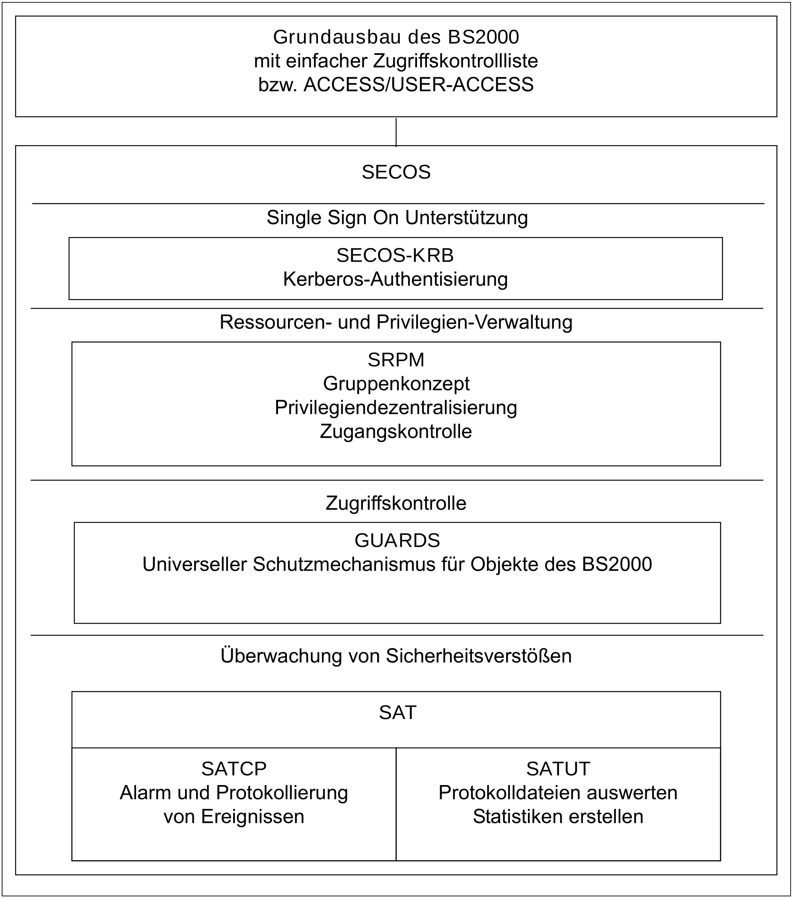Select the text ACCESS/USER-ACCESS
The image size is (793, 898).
pyautogui.click(x=419, y=85)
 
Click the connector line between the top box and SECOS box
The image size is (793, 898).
pyautogui.click(x=396, y=132)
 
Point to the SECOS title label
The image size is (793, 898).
pyautogui.click(x=396, y=172)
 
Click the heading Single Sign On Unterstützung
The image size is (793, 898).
pyautogui.click(x=397, y=218)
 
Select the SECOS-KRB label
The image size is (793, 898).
pyautogui.click(x=395, y=256)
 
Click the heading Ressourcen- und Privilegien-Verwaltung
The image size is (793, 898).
pyautogui.click(x=396, y=323)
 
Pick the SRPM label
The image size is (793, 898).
pyautogui.click(x=396, y=360)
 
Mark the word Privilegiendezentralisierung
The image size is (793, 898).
pyautogui.click(x=396, y=408)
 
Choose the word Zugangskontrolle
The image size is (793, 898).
pyautogui.click(x=396, y=432)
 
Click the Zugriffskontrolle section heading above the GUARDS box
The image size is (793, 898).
pyautogui.click(x=396, y=503)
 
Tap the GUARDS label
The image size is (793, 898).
pyautogui.click(x=397, y=541)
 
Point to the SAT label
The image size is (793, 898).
pyautogui.click(x=397, y=713)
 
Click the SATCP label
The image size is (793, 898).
pyautogui.click(x=234, y=769)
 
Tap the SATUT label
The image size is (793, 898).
pyautogui.click(x=558, y=769)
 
